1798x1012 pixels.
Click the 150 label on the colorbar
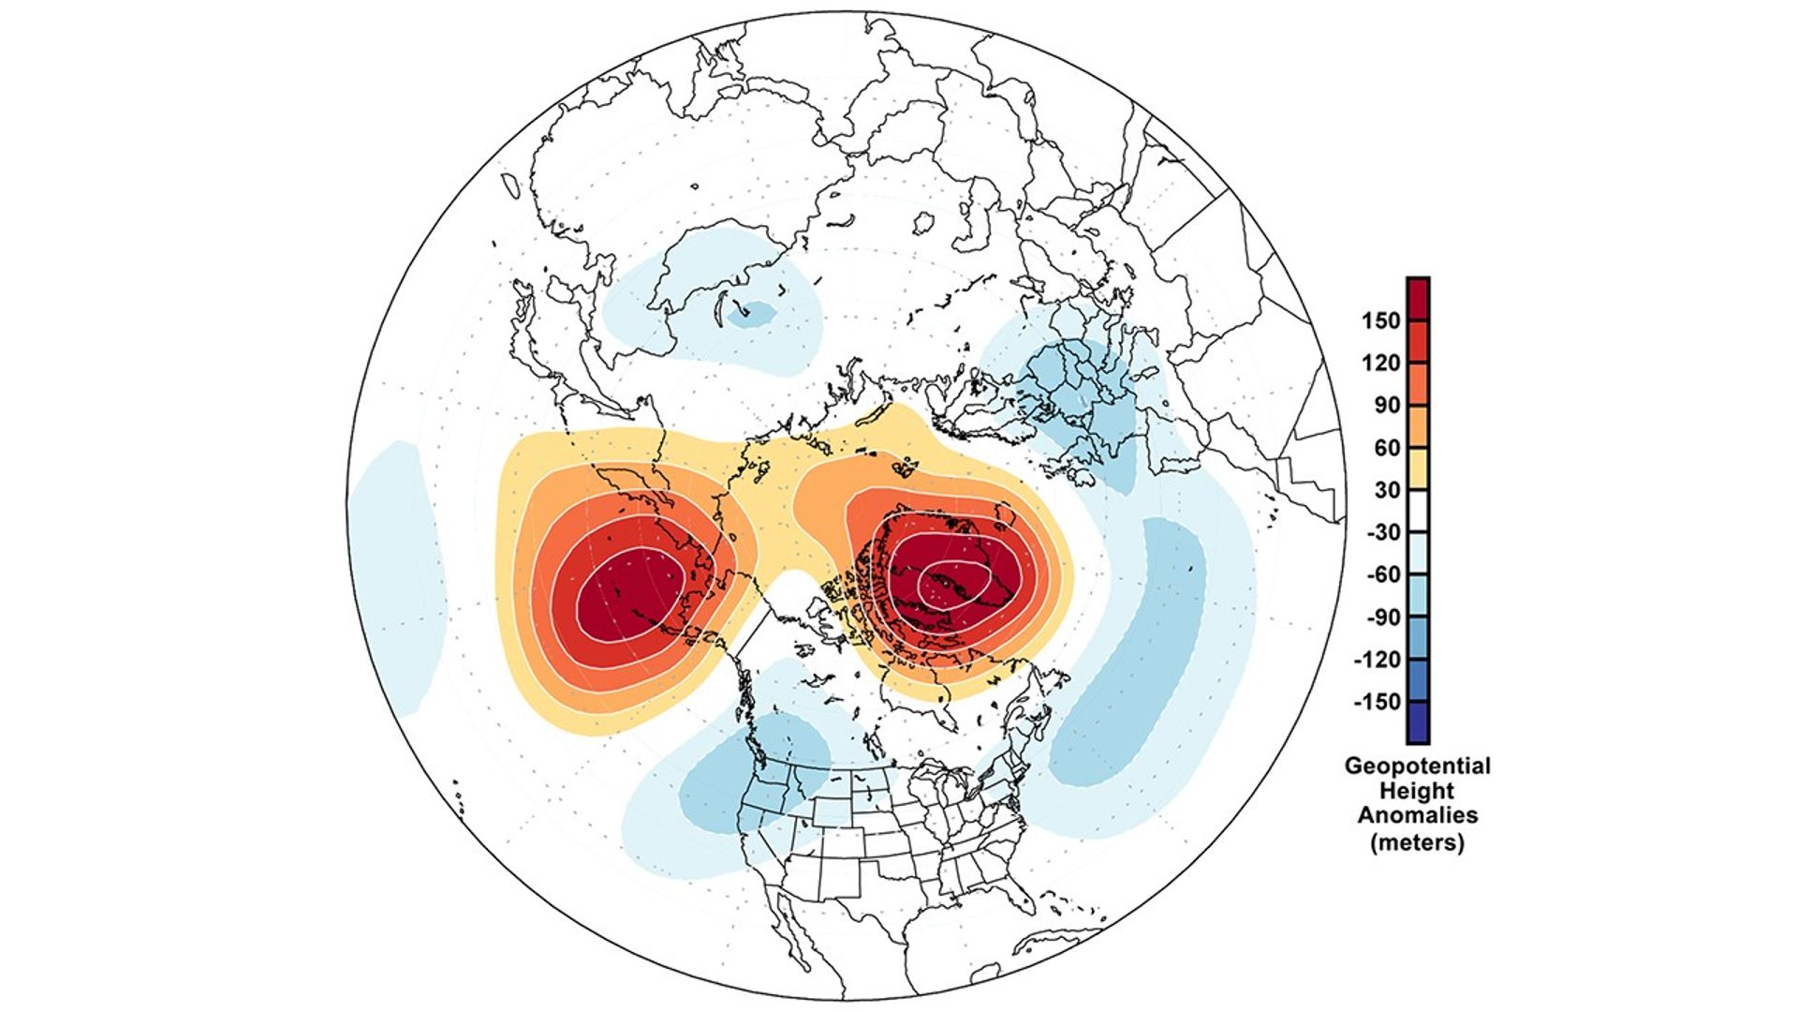point(1381,320)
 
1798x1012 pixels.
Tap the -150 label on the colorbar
point(1377,702)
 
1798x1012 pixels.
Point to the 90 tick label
point(1387,405)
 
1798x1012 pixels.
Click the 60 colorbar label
point(1387,448)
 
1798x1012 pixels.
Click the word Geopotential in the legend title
point(1417,766)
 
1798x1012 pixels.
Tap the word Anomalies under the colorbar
point(1417,816)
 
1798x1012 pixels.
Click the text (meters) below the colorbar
point(1417,841)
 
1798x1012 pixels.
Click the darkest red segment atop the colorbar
point(1418,298)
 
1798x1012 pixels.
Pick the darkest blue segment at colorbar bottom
point(1418,723)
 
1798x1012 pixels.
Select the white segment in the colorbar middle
point(1418,511)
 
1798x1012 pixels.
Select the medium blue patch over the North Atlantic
point(1124,675)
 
